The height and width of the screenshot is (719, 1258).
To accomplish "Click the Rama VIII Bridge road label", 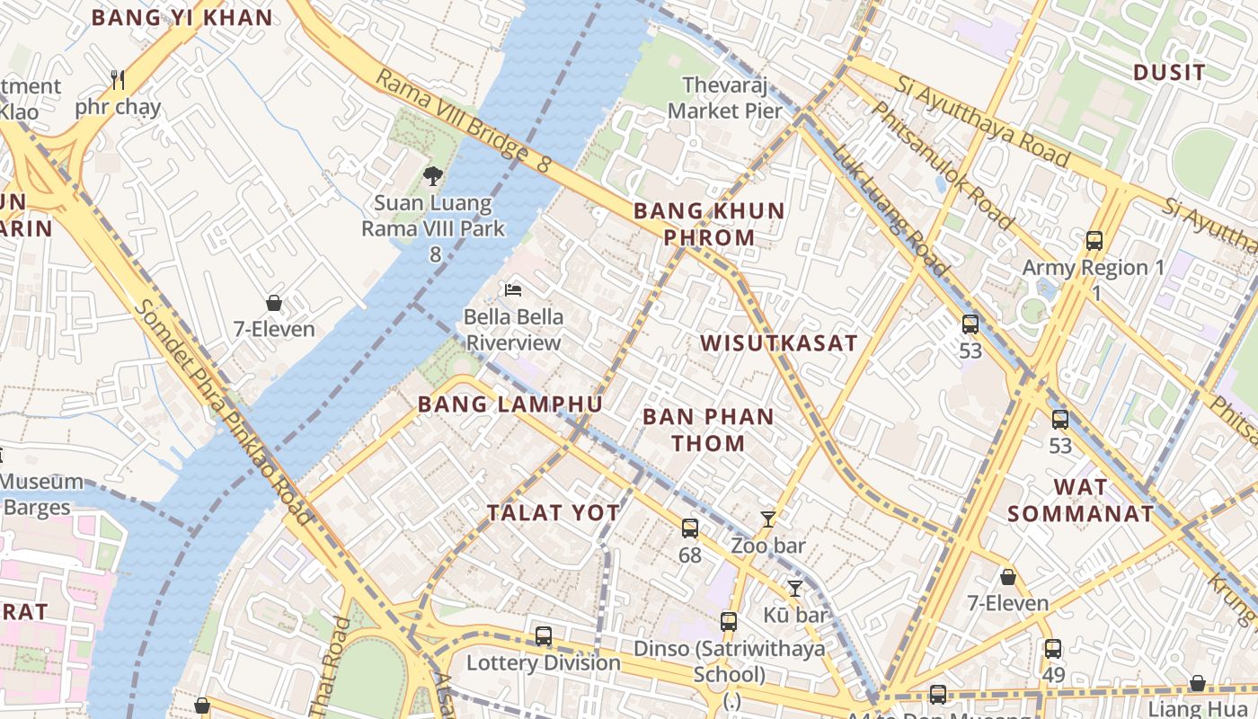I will click(462, 121).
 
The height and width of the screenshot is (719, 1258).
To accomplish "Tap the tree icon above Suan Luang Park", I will click(433, 175).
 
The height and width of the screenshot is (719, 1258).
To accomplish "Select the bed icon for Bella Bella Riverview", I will click(513, 289).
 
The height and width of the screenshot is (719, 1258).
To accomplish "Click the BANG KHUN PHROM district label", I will click(695, 225).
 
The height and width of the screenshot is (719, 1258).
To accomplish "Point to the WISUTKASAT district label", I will click(779, 343).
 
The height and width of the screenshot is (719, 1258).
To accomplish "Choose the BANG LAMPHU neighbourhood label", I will click(509, 404).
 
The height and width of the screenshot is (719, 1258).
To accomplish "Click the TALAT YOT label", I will click(554, 513).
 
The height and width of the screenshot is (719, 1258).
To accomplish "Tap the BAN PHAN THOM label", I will click(708, 430).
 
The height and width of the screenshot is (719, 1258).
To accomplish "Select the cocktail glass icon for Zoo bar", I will click(767, 519).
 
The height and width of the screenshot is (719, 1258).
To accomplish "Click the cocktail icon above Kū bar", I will click(794, 589).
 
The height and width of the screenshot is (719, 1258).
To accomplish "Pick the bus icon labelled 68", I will click(689, 528).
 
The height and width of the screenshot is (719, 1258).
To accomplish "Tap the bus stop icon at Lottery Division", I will click(543, 636).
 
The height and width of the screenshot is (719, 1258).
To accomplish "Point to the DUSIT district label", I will click(1169, 73).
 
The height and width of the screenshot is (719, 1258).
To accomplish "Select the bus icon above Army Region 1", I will click(1094, 241).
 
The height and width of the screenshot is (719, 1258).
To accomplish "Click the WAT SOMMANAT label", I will click(1079, 502).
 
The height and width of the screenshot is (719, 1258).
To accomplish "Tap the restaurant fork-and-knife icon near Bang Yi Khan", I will click(118, 80).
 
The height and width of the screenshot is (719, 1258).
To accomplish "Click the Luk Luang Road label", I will click(889, 209).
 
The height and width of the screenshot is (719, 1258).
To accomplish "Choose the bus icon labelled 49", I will click(1052, 648).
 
